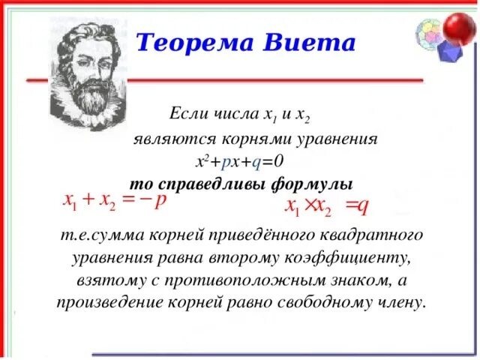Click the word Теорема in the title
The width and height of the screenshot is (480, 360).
pyautogui.click(x=195, y=42)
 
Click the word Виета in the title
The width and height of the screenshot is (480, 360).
pyautogui.click(x=309, y=42)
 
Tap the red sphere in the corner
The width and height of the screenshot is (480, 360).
pyautogui.click(x=459, y=28)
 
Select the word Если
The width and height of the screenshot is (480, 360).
pyautogui.click(x=184, y=114)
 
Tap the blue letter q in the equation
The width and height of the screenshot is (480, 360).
pyautogui.click(x=256, y=162)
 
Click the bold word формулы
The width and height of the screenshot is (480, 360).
pyautogui.click(x=312, y=185)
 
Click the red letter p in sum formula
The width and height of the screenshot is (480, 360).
pyautogui.click(x=160, y=201)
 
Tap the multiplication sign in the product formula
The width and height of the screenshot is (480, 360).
pyautogui.click(x=310, y=205)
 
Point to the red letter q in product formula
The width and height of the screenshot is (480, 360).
pyautogui.click(x=363, y=207)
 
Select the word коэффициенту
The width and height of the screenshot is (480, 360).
pyautogui.click(x=347, y=259)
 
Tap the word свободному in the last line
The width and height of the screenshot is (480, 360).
pyautogui.click(x=325, y=303)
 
